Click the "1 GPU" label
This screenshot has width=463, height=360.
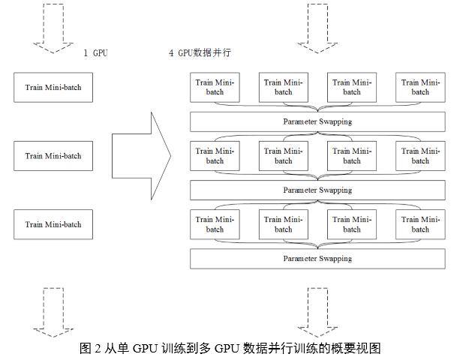(x=96, y=53)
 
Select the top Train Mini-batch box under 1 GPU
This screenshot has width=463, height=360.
(x=53, y=88)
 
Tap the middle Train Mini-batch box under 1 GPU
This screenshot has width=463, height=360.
(x=53, y=156)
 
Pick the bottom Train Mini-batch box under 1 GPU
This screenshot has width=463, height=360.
(x=53, y=224)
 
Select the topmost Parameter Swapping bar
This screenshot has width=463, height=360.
(x=317, y=121)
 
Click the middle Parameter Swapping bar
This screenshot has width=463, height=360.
(x=317, y=190)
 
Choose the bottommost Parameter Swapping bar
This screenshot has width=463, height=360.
(x=317, y=259)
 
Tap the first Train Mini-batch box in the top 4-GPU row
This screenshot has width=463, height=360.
(x=215, y=88)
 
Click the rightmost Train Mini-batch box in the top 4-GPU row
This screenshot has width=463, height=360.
(x=420, y=88)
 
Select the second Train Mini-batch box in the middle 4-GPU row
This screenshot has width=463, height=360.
(x=283, y=156)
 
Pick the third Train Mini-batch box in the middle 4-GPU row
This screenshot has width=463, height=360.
(x=352, y=156)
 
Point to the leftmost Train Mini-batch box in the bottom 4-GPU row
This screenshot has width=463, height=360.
(x=215, y=224)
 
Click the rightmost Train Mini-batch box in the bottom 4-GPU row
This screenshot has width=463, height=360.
(x=420, y=224)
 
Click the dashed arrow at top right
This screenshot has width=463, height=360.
(x=317, y=29)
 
